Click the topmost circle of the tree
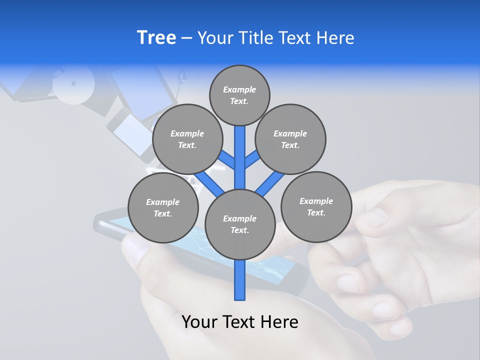(239, 95)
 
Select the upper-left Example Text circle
(187, 139)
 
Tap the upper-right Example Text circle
(290, 139)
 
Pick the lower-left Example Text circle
(163, 207)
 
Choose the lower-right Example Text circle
(316, 206)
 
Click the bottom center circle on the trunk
(240, 224)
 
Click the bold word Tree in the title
(156, 37)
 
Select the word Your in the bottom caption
(199, 322)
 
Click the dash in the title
(187, 38)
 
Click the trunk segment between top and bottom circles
(240, 157)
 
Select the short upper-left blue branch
(227, 159)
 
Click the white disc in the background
(73, 83)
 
